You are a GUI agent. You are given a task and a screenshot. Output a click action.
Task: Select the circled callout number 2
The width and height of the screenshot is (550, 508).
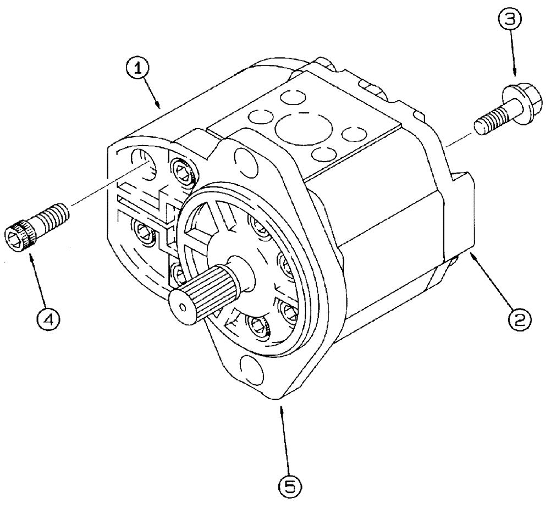pyautogui.click(x=519, y=317)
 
